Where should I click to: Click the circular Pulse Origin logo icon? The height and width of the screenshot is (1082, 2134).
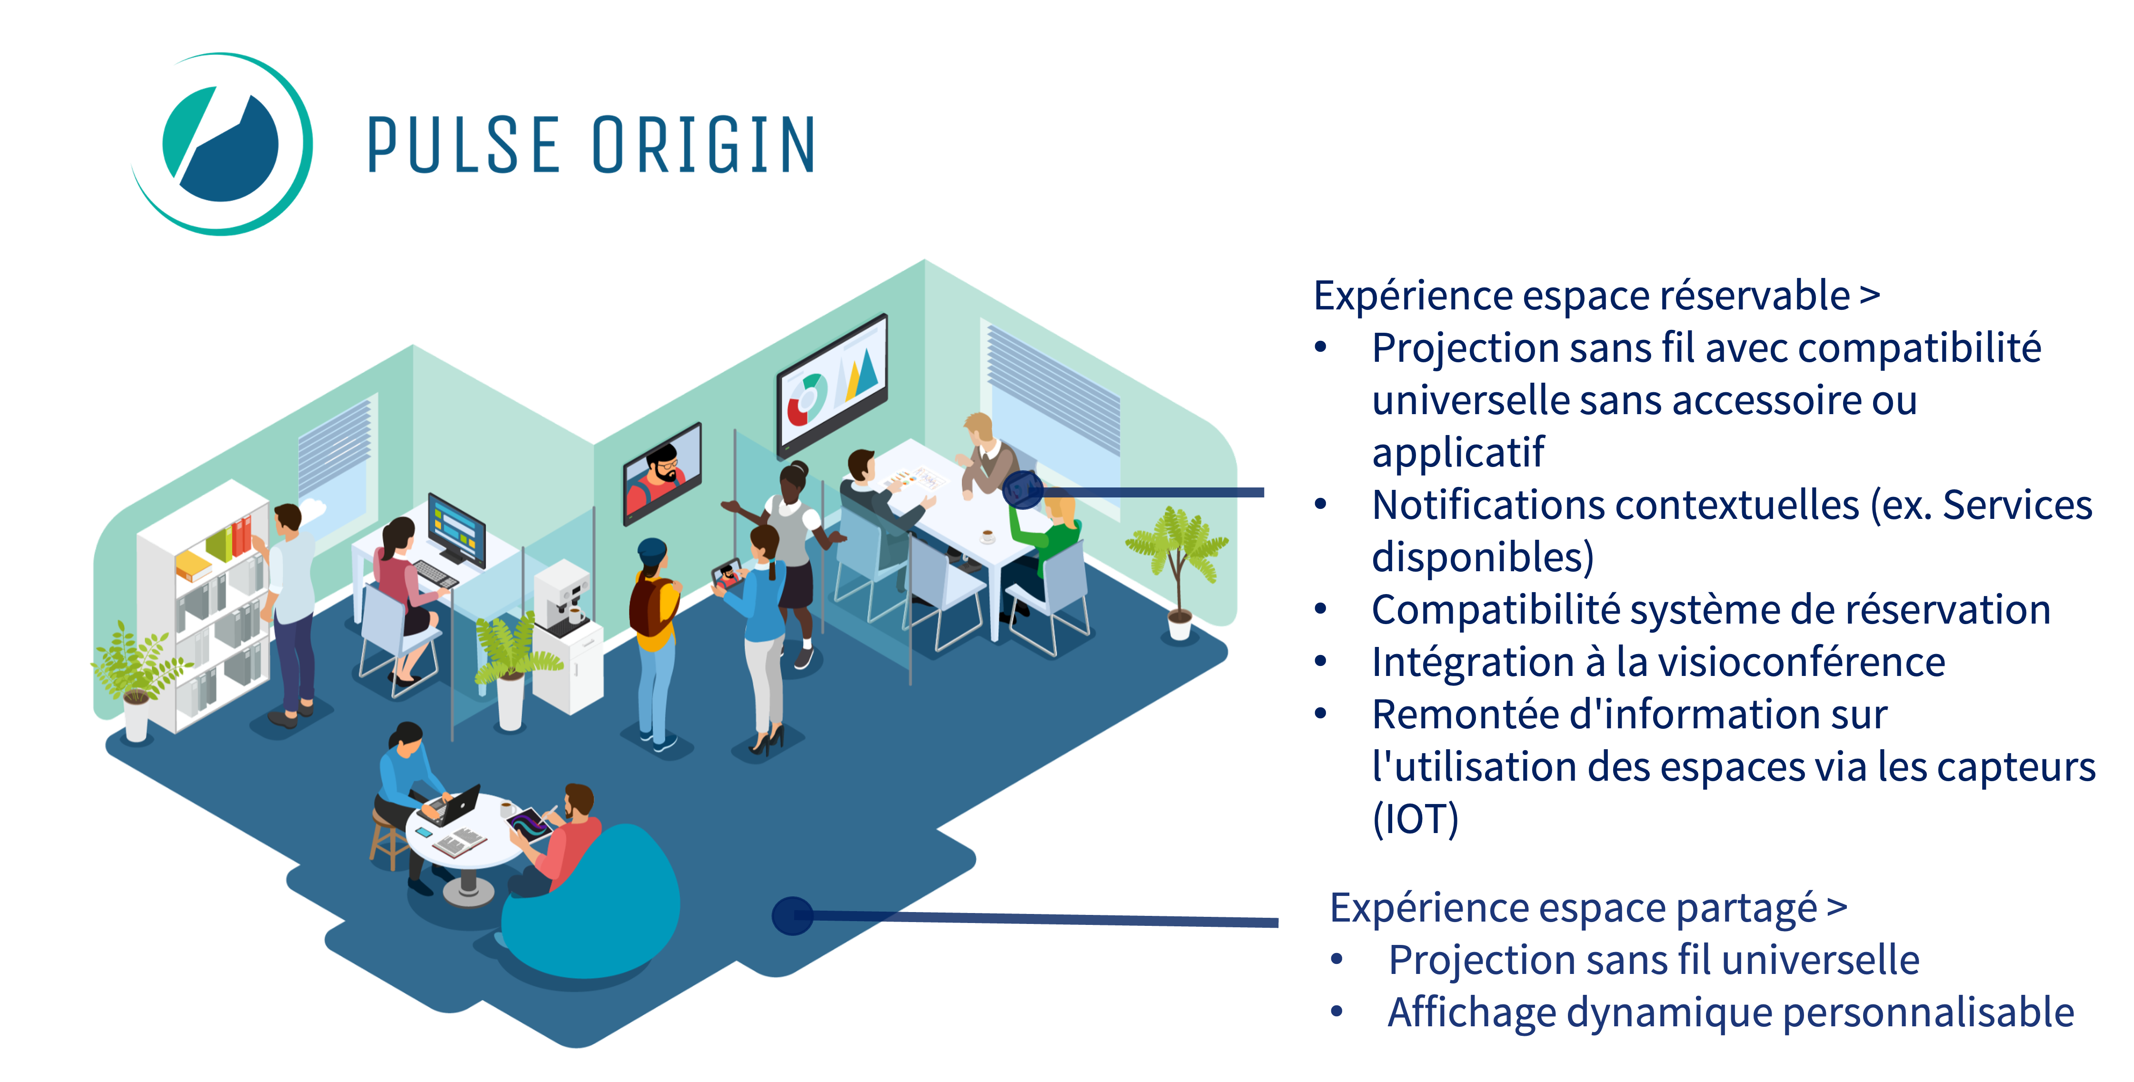click(x=222, y=144)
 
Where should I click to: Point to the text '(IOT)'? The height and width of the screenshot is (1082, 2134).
click(x=1415, y=819)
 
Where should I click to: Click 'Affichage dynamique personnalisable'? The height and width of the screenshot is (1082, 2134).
click(x=1731, y=1013)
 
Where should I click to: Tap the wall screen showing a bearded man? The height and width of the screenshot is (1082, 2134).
click(x=662, y=474)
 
